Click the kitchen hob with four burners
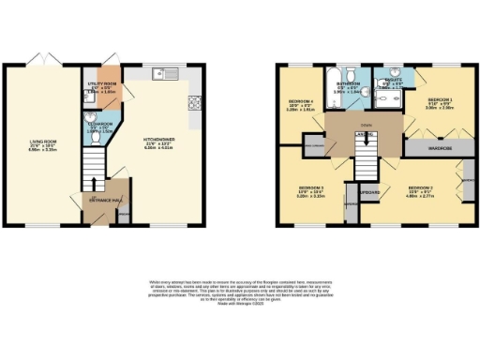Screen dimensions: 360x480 coord(194,103)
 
